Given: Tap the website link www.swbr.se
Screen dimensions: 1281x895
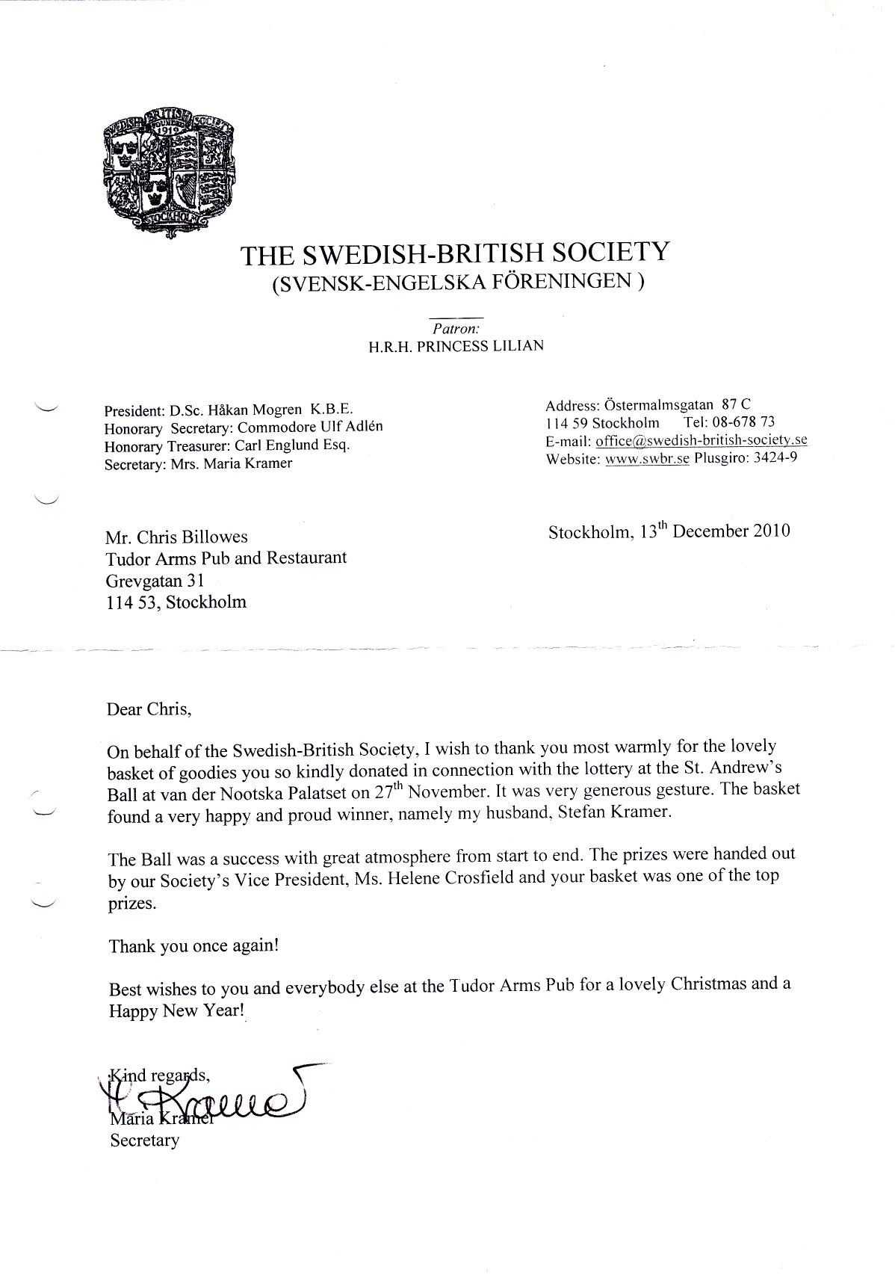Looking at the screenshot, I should tap(647, 458).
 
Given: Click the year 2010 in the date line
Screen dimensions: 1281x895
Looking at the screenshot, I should tap(762, 531).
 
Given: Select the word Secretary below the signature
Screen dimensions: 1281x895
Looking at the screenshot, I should tap(144, 1140).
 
